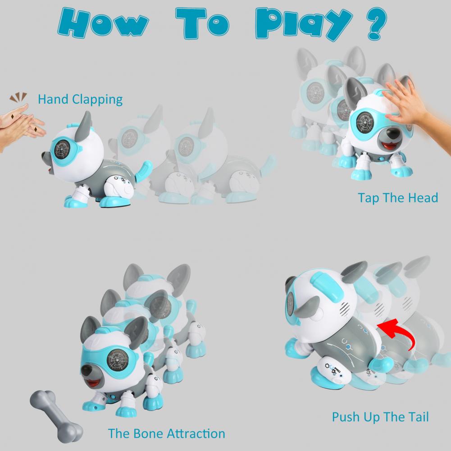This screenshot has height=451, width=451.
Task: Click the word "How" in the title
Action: [x=103, y=23]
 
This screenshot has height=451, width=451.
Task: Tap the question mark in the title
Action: [x=377, y=23]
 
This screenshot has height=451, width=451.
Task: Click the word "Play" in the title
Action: [x=304, y=24]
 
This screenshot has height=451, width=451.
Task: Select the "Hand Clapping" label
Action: [x=80, y=100]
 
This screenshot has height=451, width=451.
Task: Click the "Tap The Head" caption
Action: [x=398, y=198]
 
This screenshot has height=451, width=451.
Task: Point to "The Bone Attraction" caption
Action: [x=167, y=433]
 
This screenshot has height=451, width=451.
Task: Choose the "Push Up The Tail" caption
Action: [x=380, y=417]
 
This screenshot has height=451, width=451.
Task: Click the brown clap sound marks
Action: [x=18, y=97]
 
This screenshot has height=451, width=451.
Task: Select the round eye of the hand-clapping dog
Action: [x=62, y=150]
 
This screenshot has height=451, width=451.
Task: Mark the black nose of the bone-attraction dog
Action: [x=87, y=372]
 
